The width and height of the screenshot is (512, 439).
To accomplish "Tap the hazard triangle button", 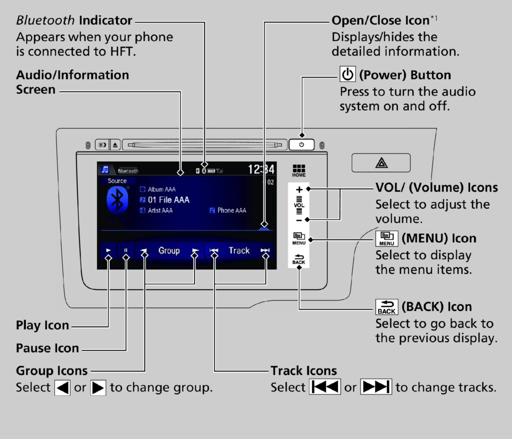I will [380, 163].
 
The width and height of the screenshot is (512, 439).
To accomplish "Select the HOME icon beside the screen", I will [299, 170].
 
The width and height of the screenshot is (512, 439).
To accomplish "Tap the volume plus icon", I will [299, 190].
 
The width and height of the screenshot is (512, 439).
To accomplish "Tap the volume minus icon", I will [299, 219].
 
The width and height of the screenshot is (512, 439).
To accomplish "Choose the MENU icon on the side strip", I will [299, 238].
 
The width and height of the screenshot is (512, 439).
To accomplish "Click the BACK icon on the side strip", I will [299, 258].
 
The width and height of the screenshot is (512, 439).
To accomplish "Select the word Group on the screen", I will [169, 251].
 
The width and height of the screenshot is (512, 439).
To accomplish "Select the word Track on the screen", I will [239, 251].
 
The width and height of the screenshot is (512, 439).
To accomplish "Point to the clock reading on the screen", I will [261, 169].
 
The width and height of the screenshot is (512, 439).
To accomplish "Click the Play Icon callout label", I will [42, 325].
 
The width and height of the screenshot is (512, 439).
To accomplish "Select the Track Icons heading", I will [303, 370].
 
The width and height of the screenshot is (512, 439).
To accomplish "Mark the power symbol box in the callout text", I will [347, 75].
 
